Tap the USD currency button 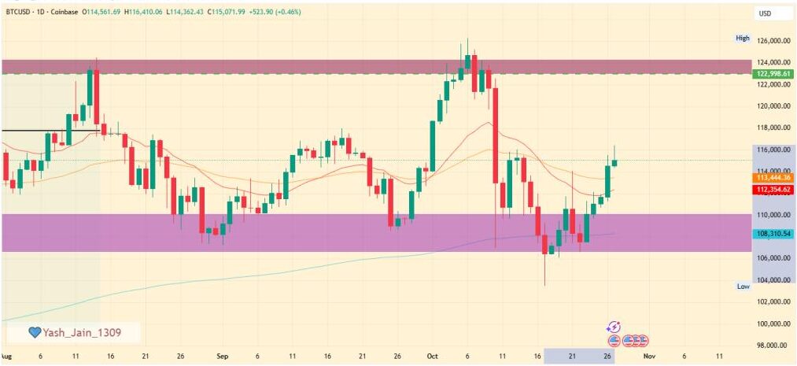[764, 13]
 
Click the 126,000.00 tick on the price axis [773, 40]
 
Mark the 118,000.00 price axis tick [773, 128]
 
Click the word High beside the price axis [742, 38]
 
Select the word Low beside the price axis [742, 286]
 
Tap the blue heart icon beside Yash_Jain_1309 [34, 333]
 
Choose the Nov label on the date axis [648, 356]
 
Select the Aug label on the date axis [7, 356]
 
